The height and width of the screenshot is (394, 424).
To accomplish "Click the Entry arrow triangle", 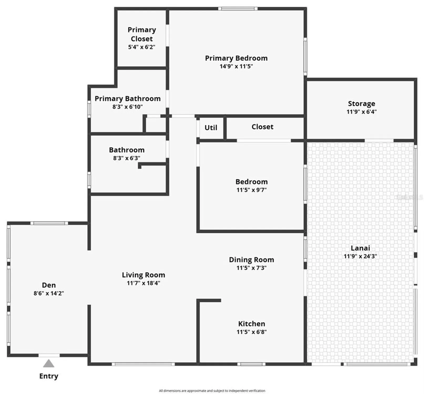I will click(x=49, y=364).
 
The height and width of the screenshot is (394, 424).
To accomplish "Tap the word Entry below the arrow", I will click(x=49, y=376).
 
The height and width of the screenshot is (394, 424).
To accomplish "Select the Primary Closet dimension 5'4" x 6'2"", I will click(x=142, y=47).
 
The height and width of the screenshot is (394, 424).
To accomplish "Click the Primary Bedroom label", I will click(x=236, y=58).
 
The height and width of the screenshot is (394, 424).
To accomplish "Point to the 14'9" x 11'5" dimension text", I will click(x=236, y=66).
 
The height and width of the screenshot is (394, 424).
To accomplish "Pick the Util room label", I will click(x=211, y=128).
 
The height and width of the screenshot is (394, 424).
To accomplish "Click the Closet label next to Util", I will click(x=262, y=127).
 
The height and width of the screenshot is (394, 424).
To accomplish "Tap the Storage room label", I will click(x=361, y=104).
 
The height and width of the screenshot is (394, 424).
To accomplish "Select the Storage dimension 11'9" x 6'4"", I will click(x=361, y=112).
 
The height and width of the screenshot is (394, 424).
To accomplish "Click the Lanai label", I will click(x=360, y=248).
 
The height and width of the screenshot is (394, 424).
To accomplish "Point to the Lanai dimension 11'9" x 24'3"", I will click(x=360, y=256).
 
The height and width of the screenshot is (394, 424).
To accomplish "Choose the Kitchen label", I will click(x=252, y=324).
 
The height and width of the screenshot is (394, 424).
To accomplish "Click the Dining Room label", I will click(x=251, y=260).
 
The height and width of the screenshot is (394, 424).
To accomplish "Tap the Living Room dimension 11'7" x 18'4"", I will click(x=144, y=283).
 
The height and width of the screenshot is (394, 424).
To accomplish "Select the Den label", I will click(x=49, y=285).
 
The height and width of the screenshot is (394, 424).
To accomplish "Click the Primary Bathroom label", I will click(x=127, y=99).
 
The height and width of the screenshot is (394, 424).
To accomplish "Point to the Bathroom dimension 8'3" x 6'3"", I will click(x=127, y=158).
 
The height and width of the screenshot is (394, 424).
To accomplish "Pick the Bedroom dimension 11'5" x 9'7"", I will click(x=252, y=190).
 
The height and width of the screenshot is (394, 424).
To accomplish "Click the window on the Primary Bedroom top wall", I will click(x=238, y=9).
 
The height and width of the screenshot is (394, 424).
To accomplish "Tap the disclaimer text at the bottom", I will click(x=212, y=391).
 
